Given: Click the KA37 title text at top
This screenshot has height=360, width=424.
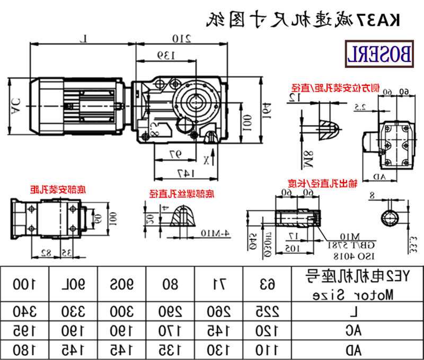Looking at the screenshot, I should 303,20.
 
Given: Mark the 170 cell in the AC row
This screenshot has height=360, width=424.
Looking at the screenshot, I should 170,330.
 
